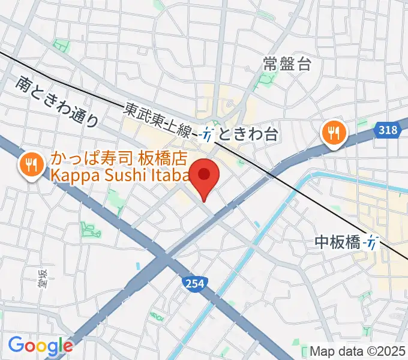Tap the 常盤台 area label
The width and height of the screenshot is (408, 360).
click(287, 64)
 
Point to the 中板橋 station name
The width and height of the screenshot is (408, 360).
click(337, 242)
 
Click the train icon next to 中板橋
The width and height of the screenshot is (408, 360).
click(373, 242)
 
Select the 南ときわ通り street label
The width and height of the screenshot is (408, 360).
click(57, 101)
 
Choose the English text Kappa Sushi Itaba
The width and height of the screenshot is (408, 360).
click(120, 175)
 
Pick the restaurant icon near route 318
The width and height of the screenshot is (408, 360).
click(332, 132)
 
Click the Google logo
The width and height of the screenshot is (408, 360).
click(40, 345)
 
